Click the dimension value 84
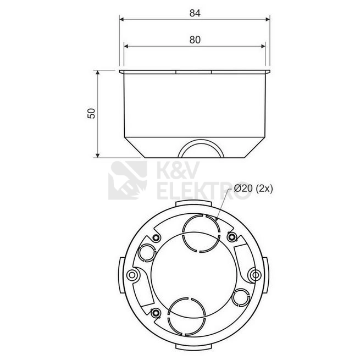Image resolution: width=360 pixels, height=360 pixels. point(195,13)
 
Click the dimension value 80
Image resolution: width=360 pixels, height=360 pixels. point(195,40)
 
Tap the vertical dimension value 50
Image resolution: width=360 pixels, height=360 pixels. point(91,113)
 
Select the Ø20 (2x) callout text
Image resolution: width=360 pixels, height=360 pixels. point(253,189)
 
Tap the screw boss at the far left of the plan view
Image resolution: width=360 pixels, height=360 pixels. point(132,275)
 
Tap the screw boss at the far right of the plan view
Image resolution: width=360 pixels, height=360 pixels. point(256,275)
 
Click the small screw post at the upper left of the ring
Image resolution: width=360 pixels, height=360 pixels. point(156,237)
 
